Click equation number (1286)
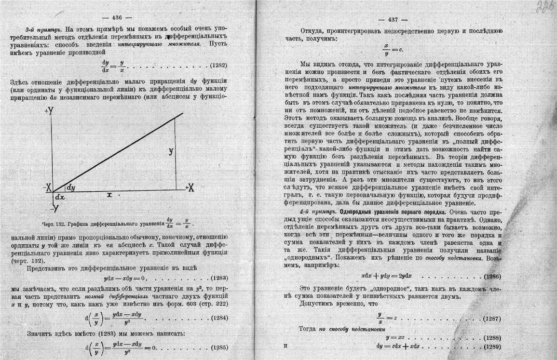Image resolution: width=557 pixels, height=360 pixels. tap(491, 276)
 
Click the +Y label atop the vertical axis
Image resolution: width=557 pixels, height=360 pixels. tap(49, 111)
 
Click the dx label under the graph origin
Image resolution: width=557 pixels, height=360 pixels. tap(60, 198)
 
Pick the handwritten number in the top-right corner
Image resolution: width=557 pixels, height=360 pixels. tap(543, 8)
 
